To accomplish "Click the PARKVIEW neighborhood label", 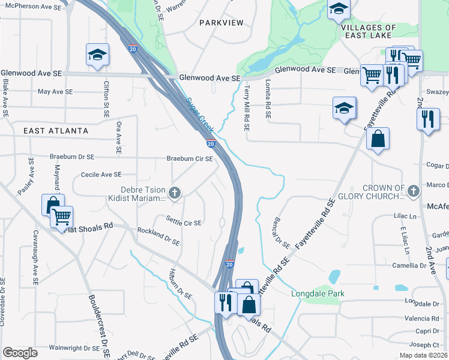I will click(221, 23).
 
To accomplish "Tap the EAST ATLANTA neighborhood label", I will click(56, 131).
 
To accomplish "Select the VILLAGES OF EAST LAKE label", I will click(369, 32).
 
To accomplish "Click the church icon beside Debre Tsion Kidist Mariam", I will click(175, 193).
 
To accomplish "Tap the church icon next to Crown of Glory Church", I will click(412, 191).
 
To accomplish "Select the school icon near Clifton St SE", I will click(97, 55).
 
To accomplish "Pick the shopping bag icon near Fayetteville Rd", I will click(378, 139).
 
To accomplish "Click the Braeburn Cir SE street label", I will click(190, 159).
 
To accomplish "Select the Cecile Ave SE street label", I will click(101, 175).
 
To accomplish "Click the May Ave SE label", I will click(55, 92).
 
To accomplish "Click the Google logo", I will click(20, 353).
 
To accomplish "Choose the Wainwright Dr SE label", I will click(74, 347).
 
